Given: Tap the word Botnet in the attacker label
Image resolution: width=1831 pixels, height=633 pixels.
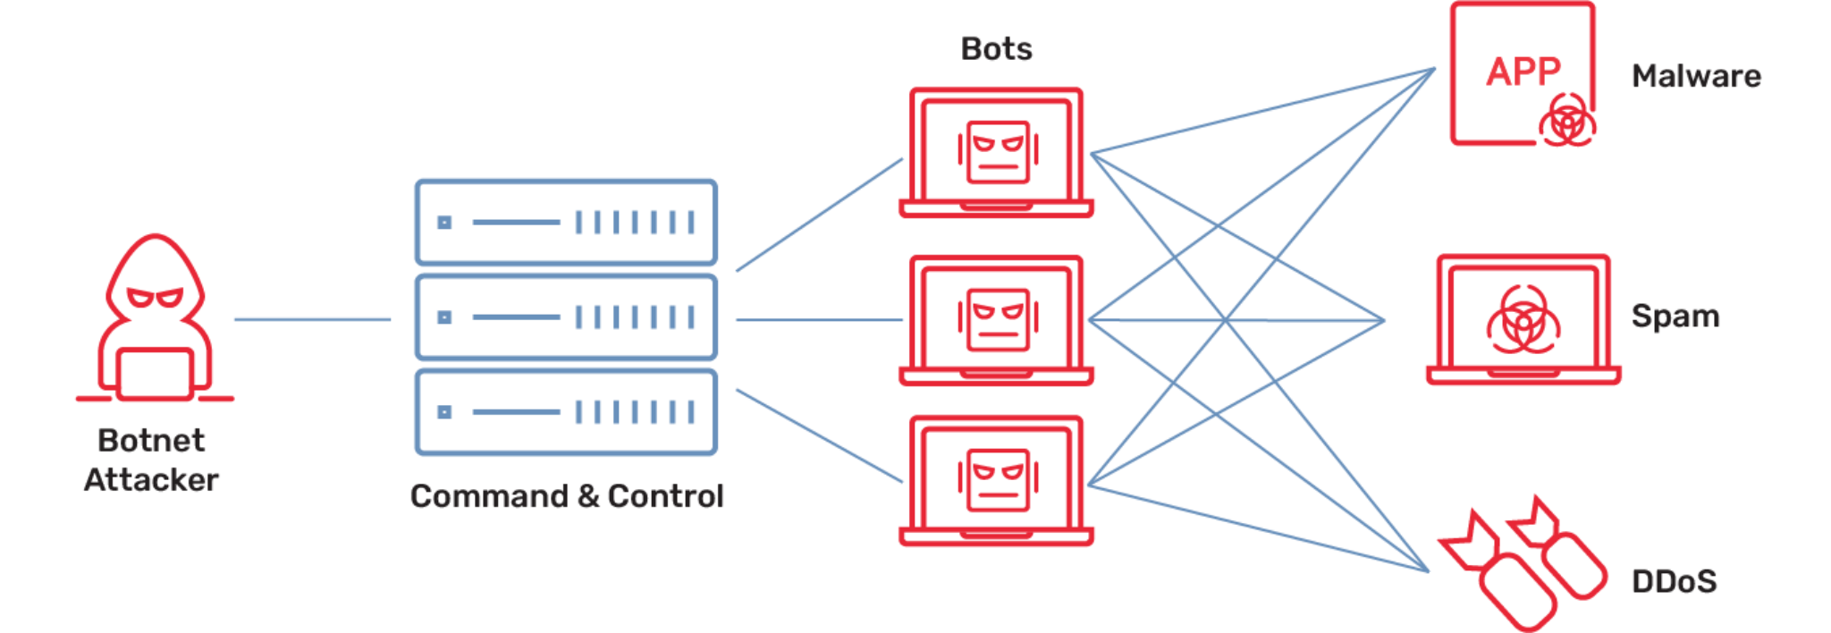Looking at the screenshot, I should pos(152,440).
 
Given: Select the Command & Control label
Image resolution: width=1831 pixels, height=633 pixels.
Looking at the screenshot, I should pos(567,495).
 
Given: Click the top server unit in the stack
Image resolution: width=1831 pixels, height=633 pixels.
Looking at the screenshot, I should pos(565,222).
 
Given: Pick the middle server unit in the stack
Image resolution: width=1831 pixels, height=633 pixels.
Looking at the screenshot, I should pos(565,317).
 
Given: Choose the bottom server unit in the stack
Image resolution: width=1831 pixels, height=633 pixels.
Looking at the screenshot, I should pos(565,412).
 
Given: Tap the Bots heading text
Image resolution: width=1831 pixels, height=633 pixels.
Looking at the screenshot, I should pos(996,48).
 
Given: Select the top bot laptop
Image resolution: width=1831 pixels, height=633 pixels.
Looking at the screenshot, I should pos(996,152).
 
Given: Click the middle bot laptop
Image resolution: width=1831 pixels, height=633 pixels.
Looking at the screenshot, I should pos(996,320).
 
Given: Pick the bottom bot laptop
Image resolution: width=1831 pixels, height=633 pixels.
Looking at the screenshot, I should pos(996,481).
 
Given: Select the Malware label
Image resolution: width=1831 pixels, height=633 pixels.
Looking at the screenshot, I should pos(1696,76).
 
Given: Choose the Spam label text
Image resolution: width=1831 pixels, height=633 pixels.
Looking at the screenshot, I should pos(1675,316).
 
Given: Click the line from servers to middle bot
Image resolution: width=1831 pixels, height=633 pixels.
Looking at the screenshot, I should pos(818,319).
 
